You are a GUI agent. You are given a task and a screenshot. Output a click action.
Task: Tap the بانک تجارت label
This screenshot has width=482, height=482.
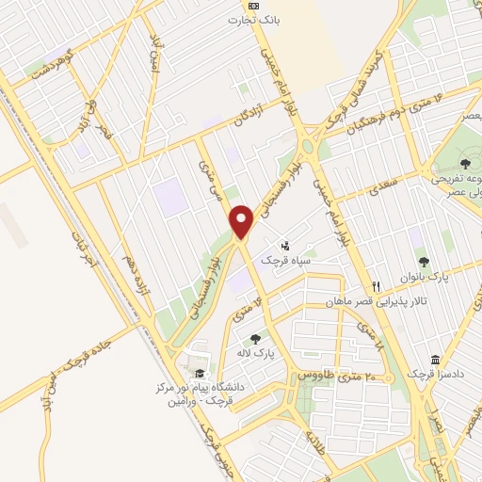click(260, 18)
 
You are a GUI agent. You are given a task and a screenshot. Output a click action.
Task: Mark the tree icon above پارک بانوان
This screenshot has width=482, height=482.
click(424, 263)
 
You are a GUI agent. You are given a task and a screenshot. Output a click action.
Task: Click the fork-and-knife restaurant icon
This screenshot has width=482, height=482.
click(377, 285)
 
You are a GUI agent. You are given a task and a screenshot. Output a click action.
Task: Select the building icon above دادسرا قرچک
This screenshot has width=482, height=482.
click(434, 361)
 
